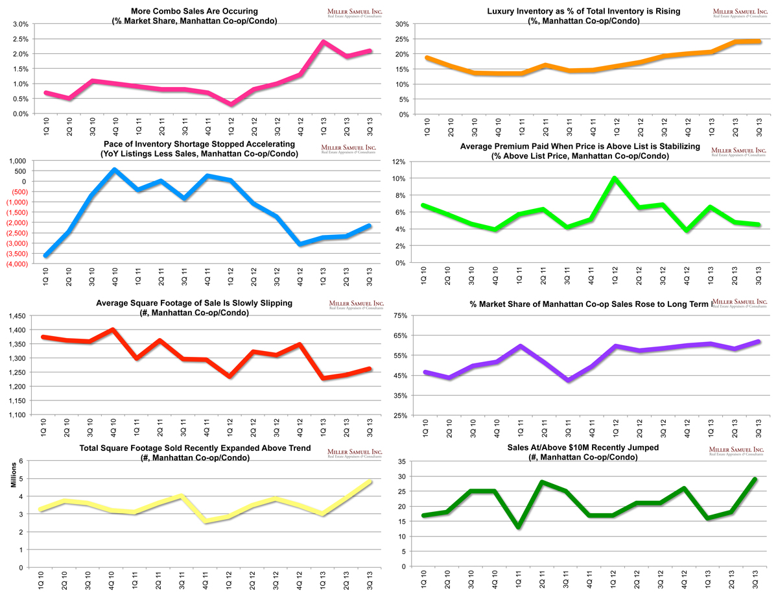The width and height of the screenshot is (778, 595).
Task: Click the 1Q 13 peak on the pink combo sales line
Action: point(323,42)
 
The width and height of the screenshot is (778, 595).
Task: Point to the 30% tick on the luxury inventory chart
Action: point(400,24)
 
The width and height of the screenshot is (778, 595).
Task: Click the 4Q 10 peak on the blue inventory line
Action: point(114,170)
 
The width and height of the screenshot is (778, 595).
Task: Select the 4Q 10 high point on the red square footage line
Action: point(114,330)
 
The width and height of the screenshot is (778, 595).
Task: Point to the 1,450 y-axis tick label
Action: point(18,316)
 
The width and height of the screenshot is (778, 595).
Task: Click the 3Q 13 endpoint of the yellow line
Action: point(370,481)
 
